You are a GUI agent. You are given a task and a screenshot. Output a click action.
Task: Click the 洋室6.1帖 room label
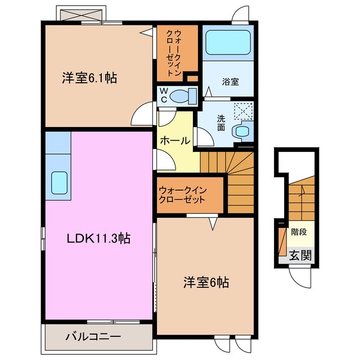pyautogui.click(x=89, y=78)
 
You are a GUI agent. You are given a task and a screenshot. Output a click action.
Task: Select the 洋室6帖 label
pyautogui.click(x=206, y=282)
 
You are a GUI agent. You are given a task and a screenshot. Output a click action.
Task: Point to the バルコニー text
pyautogui.click(x=93, y=338)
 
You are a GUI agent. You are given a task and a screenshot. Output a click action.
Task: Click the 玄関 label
pyautogui.click(x=300, y=255)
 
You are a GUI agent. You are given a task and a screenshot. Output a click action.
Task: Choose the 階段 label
pyautogui.click(x=299, y=231)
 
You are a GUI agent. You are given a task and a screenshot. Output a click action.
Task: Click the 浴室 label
pyautogui.click(x=231, y=82)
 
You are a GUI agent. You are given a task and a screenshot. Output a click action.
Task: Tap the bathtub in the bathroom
pyautogui.click(x=228, y=43)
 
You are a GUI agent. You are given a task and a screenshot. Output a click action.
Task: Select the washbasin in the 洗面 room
pyautogui.click(x=244, y=131)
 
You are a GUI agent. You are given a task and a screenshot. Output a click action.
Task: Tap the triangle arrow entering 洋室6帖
pyautogui.click(x=214, y=224)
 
